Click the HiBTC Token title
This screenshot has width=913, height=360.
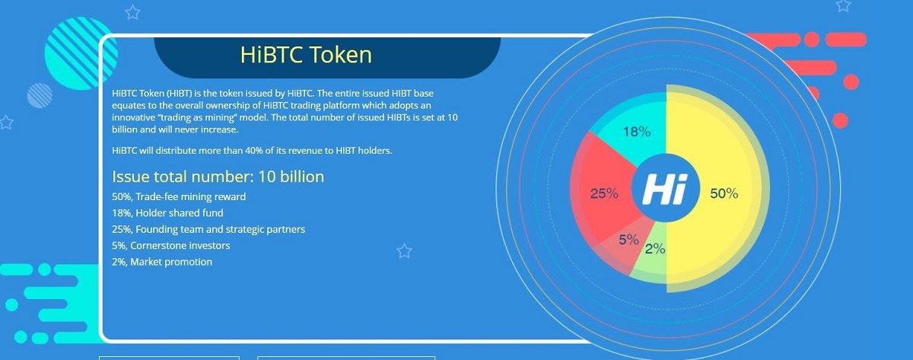point(306,55)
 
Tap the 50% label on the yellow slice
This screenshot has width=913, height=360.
point(724,193)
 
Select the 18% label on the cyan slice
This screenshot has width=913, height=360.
point(637,132)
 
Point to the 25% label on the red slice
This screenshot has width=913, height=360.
point(604,193)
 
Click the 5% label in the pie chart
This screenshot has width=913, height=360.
point(628,240)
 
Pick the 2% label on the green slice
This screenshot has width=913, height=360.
point(655,248)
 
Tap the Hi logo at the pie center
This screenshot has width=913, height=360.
point(665,188)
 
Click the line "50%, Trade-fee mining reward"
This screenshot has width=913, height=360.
point(179,197)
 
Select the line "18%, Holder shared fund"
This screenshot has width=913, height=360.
point(167,213)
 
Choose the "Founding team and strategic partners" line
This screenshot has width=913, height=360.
point(208,230)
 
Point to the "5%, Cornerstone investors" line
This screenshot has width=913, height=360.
point(170,245)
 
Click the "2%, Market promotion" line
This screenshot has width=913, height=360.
point(162,262)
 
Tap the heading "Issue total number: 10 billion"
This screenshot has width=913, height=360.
point(218,177)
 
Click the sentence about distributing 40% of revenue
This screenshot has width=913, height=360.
point(252,151)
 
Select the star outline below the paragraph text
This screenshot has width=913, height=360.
point(404,251)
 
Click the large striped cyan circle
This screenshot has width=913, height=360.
point(81,53)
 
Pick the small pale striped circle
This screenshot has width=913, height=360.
point(40,96)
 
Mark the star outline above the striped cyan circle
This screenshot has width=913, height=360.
point(132,13)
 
